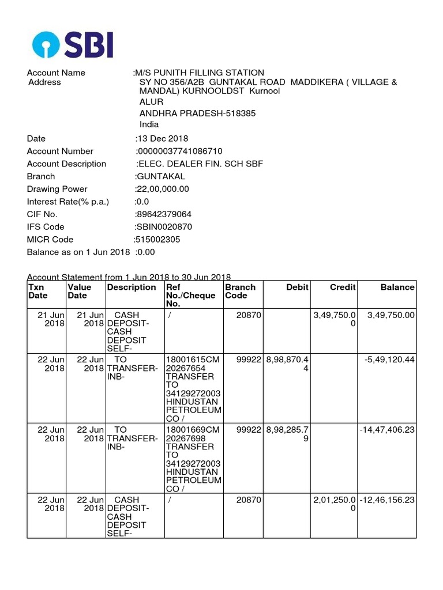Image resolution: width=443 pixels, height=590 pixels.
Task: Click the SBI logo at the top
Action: [x=73, y=44]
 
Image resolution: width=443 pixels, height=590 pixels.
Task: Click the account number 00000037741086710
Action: [x=179, y=151]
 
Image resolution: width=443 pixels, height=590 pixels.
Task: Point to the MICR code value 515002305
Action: [x=157, y=240]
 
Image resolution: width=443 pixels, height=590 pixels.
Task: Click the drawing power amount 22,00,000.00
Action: [x=163, y=189]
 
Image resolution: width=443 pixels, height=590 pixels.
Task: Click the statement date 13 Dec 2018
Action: [x=162, y=138]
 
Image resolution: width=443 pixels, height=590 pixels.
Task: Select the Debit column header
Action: [x=297, y=287]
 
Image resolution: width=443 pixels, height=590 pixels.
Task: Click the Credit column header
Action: [x=343, y=287]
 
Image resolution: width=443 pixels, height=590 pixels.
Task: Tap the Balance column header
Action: [x=397, y=287]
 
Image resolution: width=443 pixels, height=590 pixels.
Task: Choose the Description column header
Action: [x=132, y=287]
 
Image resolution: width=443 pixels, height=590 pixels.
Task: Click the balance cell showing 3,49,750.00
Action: [x=391, y=315]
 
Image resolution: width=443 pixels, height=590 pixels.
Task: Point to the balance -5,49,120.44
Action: [x=389, y=360]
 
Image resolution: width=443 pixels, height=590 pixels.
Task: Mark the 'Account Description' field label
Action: [x=66, y=164]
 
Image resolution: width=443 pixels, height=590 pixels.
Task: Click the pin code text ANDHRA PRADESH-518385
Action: [x=197, y=113]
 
